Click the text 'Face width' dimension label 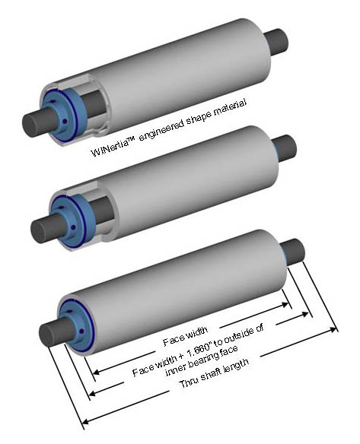pos(186,336)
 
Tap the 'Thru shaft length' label pos(215,374)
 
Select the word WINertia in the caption pos(109,147)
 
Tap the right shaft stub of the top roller pos(276,42)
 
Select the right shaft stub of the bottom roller pos(292,252)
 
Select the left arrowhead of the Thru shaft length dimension pos(86,422)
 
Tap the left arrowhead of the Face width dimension pos(97,372)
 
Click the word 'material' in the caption pos(229,109)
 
